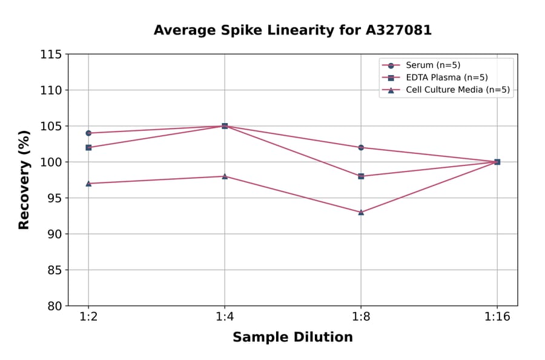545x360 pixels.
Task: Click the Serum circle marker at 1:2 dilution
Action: click(88, 133)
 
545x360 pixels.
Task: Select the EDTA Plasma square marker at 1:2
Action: click(88, 147)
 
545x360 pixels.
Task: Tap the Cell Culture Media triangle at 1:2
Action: click(88, 183)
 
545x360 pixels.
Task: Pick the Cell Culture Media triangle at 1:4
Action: click(225, 176)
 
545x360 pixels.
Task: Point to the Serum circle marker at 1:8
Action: click(361, 147)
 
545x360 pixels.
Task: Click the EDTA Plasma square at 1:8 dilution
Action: click(361, 176)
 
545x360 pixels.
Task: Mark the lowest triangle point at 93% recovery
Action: click(361, 212)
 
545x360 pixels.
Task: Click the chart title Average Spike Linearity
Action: click(292, 30)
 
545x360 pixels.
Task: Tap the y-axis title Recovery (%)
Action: click(24, 180)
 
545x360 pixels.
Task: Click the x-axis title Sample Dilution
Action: click(292, 338)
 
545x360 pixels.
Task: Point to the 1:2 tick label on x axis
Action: click(88, 316)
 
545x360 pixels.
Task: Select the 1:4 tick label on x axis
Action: click(225, 316)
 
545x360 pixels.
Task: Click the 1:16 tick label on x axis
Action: click(497, 316)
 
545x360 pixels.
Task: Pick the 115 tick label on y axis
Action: click(51, 55)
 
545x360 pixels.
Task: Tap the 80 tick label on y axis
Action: click(54, 306)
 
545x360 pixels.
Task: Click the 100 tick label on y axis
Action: click(51, 162)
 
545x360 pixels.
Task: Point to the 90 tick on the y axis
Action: click(54, 234)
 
